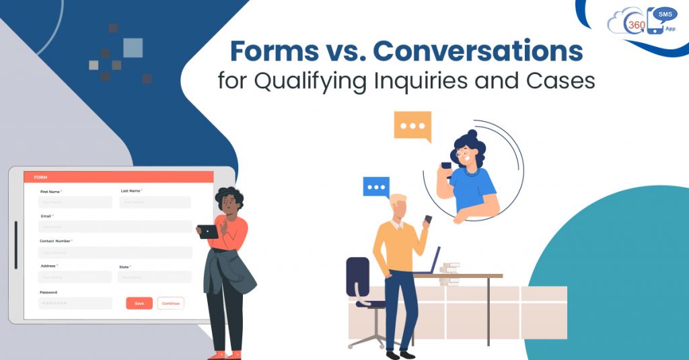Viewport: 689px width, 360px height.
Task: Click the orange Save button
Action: point(139,303)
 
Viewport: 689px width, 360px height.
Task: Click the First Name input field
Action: point(75,202)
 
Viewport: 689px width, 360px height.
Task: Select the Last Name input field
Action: point(155,202)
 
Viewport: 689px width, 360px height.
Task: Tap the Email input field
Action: point(115,227)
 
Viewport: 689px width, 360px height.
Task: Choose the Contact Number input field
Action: point(115,253)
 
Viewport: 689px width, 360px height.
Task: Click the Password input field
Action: point(75,303)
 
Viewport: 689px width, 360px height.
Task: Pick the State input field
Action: point(154,277)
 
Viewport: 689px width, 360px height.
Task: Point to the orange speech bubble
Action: point(412,127)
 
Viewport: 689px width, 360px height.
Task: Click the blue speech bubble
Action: point(376,186)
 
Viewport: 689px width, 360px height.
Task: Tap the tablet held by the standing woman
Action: point(208,231)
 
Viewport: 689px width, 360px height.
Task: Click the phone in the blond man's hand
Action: point(428,220)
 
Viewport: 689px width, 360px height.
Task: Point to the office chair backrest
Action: point(357,275)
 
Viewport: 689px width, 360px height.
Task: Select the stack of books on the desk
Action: point(449,268)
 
